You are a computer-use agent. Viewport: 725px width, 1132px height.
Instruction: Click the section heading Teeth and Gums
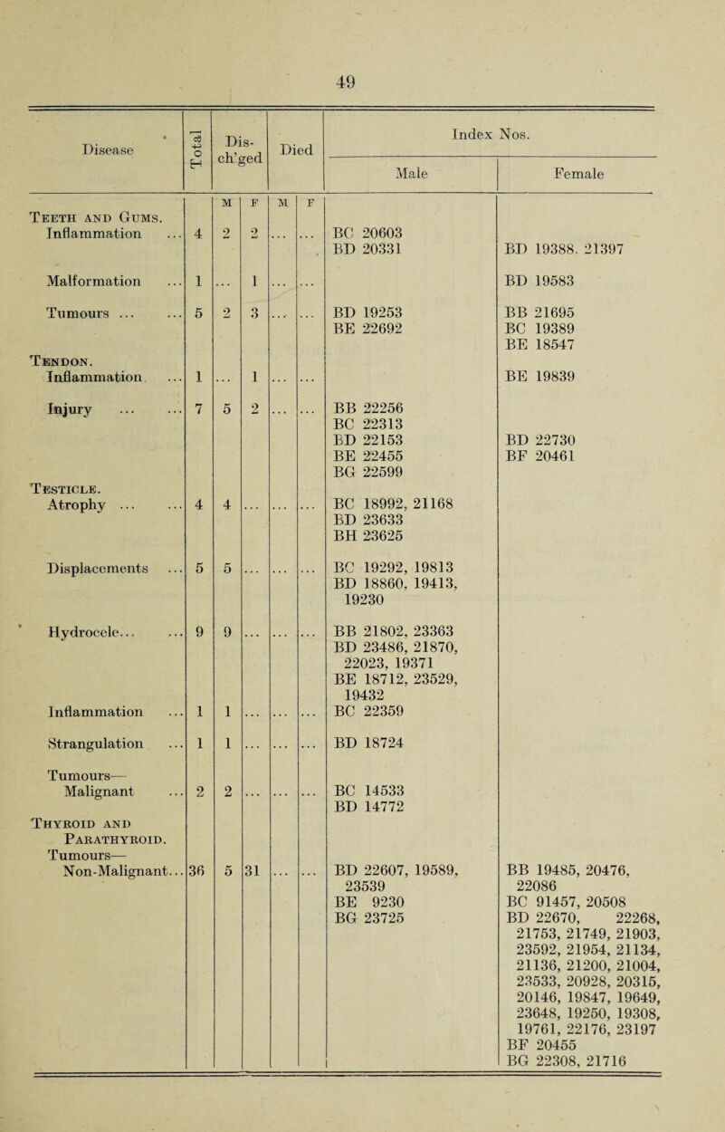coord(79,213)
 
